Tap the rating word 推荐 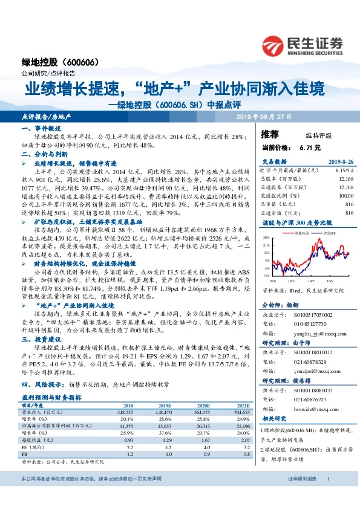point(270,134)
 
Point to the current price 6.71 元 point(310,148)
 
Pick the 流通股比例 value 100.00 point(345,195)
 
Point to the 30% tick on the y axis point(265,239)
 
